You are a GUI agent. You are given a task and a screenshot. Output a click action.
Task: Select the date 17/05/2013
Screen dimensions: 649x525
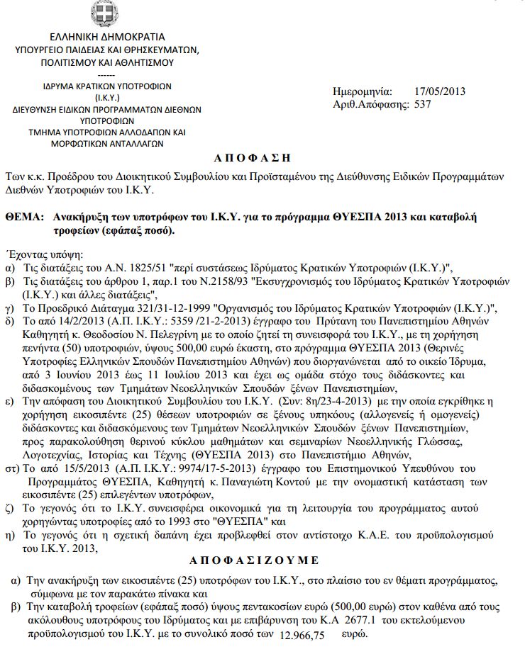pyautogui.click(x=439, y=91)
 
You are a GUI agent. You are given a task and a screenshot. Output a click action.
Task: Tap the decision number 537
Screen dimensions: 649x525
pyautogui.click(x=423, y=104)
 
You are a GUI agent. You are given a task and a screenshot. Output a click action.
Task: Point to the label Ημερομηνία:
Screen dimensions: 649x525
pyautogui.click(x=362, y=91)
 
